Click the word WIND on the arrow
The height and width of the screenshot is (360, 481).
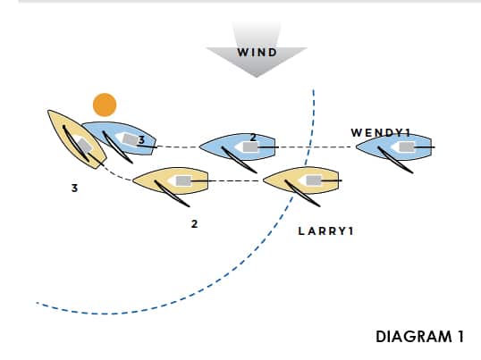[x=257, y=53]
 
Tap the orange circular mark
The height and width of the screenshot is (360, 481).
[x=105, y=105]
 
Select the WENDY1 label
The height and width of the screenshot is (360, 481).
[x=381, y=133]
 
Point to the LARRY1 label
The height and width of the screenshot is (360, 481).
[x=325, y=231]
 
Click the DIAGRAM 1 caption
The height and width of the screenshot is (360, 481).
[x=419, y=337]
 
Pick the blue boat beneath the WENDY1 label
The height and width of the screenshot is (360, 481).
[x=394, y=147]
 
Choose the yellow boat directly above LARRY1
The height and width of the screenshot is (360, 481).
[x=301, y=180]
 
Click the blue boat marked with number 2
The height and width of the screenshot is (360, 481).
[x=238, y=147]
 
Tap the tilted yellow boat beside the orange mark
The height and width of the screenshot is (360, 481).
[x=77, y=139]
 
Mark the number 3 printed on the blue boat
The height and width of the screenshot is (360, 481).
[x=141, y=140]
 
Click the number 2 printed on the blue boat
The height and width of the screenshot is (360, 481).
[x=253, y=138]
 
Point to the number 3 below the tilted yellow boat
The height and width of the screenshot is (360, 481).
[x=74, y=188]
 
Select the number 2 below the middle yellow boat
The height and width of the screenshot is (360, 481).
[x=195, y=224]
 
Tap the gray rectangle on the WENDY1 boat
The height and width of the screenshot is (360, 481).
[x=407, y=147]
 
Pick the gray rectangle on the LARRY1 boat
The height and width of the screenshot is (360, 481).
[x=314, y=180]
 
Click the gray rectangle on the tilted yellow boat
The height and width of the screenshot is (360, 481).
[x=84, y=146]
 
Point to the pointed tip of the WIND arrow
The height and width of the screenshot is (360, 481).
[x=257, y=77]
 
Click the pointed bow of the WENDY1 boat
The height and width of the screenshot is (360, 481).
[x=356, y=147]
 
